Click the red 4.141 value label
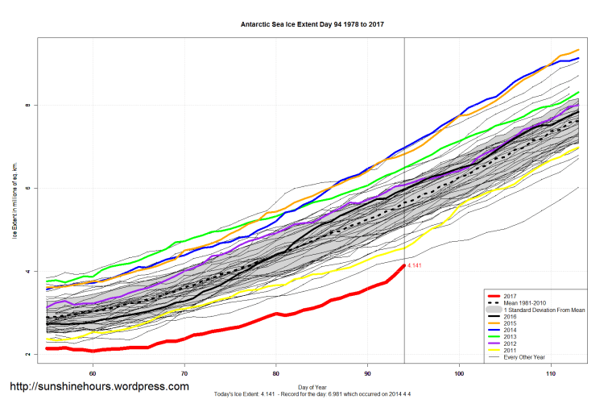[416, 265]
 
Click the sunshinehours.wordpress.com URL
[99, 386]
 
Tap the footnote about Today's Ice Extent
[313, 394]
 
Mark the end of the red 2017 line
[403, 264]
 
